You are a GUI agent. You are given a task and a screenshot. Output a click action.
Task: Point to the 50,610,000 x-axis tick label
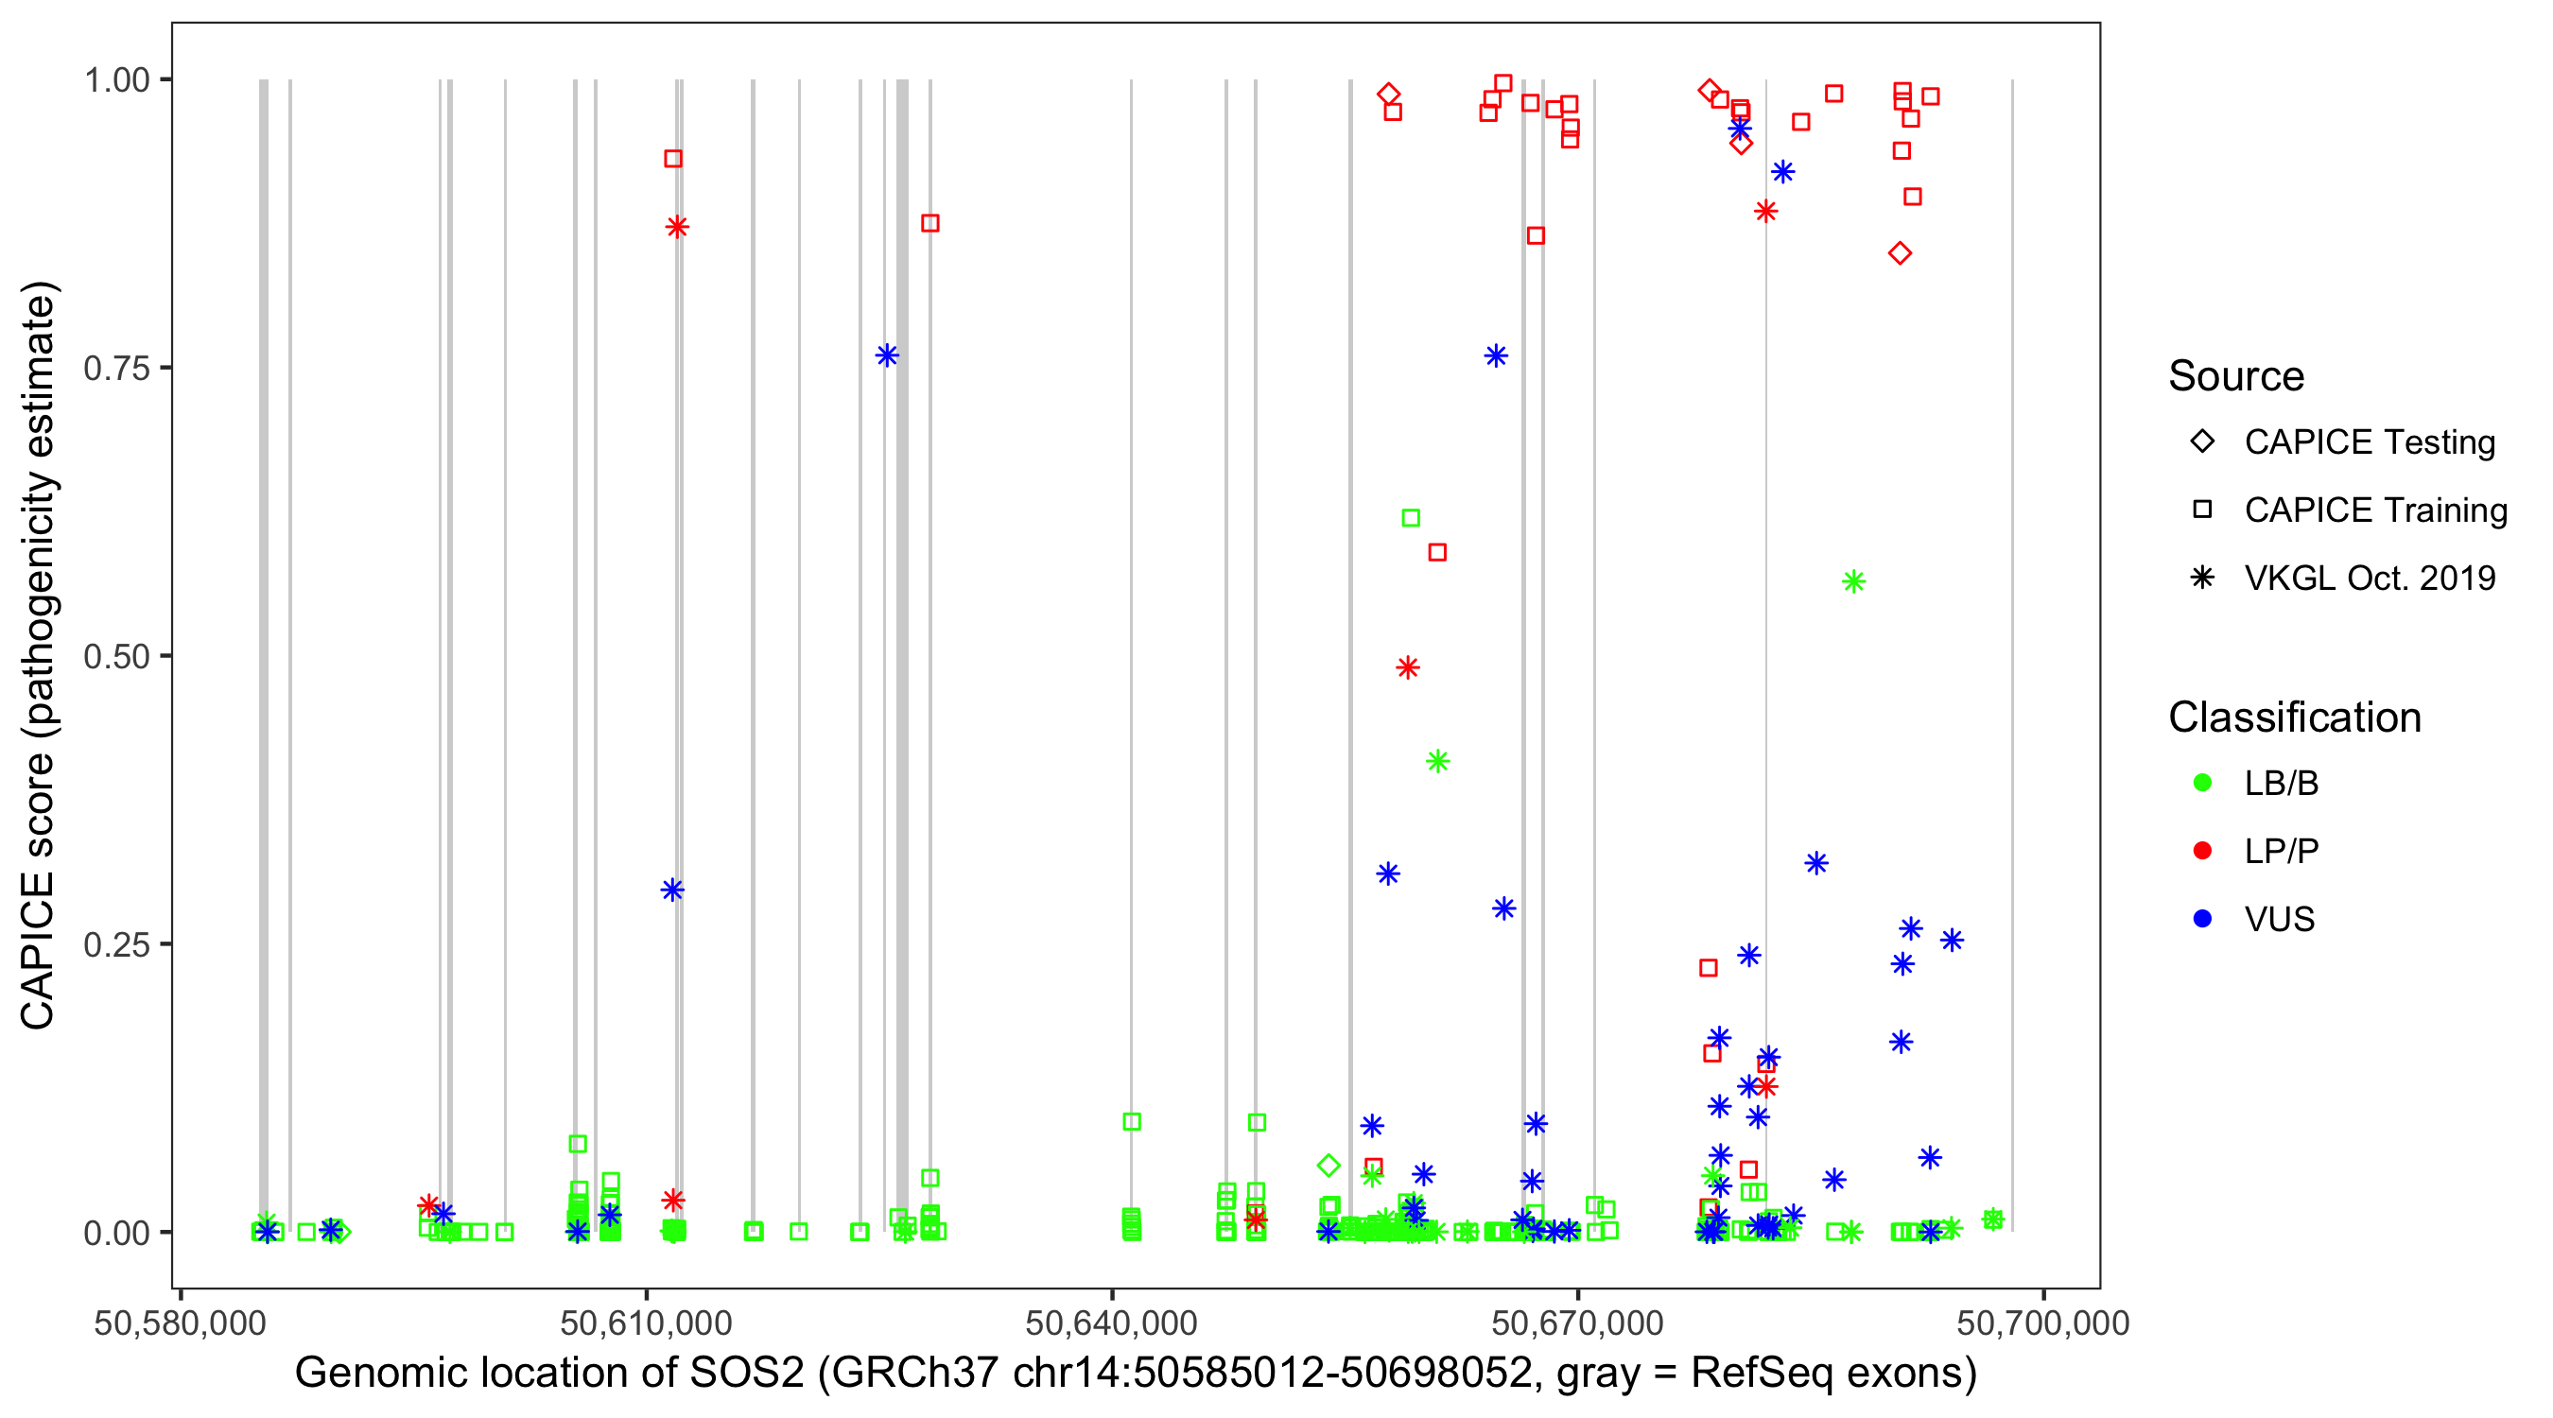pos(645,1323)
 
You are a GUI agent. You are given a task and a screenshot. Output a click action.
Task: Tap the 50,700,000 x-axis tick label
pos(2042,1323)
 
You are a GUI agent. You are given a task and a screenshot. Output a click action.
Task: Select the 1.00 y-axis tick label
pos(116,80)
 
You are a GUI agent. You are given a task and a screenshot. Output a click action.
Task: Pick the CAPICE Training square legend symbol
pos(2202,510)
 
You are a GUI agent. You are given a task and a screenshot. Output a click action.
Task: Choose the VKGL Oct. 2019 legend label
pos(2370,579)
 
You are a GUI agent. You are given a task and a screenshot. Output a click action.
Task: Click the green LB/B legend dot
pos(2202,784)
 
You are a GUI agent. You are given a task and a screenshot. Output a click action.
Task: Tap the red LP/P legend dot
pos(2202,851)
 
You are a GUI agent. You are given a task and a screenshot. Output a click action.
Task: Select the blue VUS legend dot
pos(2202,920)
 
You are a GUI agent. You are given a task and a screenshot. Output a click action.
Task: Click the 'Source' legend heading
pos(2236,376)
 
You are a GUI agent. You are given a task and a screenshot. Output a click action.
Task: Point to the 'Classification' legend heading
pos(2294,718)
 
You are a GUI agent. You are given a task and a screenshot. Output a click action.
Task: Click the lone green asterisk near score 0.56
pos(1853,582)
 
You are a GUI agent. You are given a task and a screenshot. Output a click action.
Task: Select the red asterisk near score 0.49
pos(1407,667)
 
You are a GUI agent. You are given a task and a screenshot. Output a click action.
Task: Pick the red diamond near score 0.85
pos(1900,253)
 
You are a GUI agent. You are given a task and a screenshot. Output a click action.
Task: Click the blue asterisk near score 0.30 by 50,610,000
pos(672,890)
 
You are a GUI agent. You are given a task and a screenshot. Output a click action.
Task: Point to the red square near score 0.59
pos(1437,553)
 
